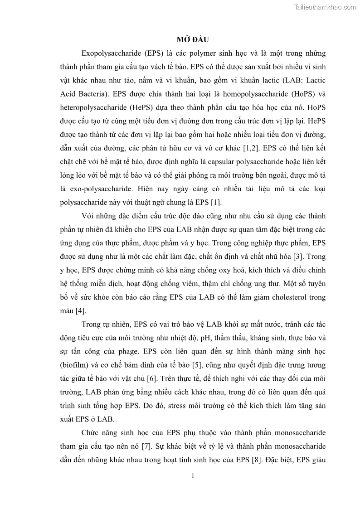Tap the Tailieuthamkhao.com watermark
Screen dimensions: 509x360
pyautogui.click(x=325, y=7)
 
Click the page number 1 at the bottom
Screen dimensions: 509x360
pyautogui.click(x=193, y=475)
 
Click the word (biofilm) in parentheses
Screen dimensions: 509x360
pyautogui.click(x=76, y=364)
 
